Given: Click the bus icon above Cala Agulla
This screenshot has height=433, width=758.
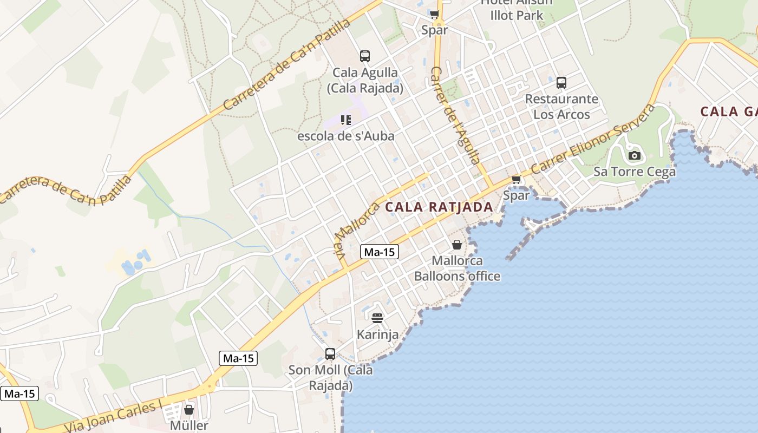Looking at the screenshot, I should pos(365,56).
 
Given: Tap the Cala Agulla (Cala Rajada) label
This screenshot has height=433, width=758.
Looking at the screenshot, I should pos(365,80).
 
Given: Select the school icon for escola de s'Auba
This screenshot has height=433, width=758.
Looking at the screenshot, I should pos(346,120).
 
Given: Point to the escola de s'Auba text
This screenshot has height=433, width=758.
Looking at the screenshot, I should pos(345,136).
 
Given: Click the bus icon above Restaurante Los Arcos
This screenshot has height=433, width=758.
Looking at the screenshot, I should pos(561,83).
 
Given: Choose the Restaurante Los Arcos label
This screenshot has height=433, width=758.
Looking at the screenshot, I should pos(561,107).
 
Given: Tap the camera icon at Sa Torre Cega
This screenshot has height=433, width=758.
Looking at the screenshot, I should pos(635,156).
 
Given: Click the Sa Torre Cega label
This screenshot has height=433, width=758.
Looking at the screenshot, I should pos(635,172).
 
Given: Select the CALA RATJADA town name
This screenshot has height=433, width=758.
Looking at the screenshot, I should pos(439,207).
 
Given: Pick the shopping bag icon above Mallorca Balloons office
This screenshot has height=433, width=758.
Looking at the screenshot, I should pos(457,245).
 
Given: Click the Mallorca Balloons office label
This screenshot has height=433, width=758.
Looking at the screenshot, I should pos(457,268).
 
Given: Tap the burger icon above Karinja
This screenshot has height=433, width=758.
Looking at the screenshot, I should pos(377,318).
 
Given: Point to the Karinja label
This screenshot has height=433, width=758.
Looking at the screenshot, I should pos(377,334).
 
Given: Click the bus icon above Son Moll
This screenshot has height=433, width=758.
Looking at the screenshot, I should pos(330,354).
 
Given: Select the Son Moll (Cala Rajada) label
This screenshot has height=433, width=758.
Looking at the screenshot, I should pos(330,378).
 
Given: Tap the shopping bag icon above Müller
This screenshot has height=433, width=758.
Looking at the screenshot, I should pos(189,410).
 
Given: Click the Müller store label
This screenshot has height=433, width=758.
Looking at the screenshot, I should pos(189,425).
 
